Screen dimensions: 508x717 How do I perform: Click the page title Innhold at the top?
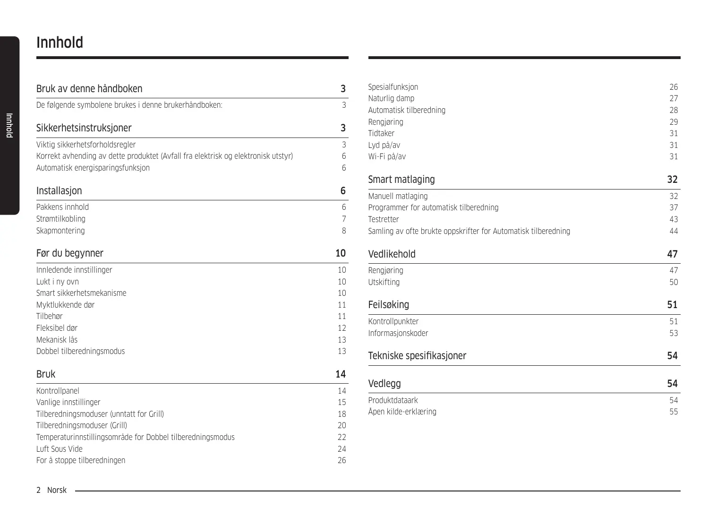tap(60, 43)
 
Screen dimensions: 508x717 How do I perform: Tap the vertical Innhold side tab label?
tap(9, 125)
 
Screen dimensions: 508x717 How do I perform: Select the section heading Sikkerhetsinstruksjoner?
tap(84, 128)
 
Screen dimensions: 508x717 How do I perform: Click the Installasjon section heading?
tap(59, 191)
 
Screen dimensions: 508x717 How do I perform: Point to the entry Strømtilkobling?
tap(61, 219)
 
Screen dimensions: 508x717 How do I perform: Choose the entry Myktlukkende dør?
tap(65, 305)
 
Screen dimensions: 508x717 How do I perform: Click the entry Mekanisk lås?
tap(57, 340)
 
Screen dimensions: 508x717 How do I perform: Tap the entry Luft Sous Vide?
tap(60, 449)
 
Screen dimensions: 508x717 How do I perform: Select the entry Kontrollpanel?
tap(58, 391)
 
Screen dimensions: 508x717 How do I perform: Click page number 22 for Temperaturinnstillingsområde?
tap(341, 437)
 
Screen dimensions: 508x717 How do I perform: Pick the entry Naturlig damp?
tap(391, 98)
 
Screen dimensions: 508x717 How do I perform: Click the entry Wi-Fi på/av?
tap(387, 156)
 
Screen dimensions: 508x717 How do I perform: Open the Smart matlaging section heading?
tap(401, 180)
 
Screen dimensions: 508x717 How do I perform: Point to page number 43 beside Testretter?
tap(674, 219)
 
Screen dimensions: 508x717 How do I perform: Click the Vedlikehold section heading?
tap(392, 254)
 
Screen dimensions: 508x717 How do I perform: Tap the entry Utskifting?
tap(384, 282)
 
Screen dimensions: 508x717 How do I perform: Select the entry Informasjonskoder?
tap(398, 333)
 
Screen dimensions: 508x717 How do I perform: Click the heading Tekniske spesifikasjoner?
tap(417, 356)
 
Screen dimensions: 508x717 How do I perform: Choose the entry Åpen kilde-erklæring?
tap(402, 412)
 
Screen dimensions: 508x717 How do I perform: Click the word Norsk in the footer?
tap(57, 490)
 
